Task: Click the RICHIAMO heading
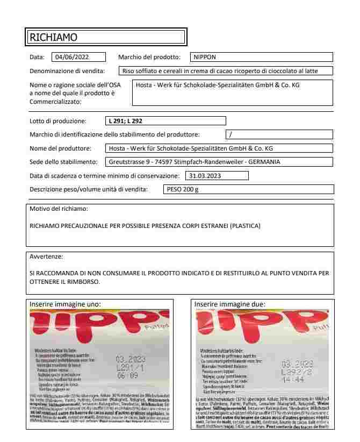tap(53, 37)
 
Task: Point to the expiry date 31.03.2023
tap(205, 175)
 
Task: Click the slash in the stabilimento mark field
tap(231, 134)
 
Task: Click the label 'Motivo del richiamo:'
tap(59, 209)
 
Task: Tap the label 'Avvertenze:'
tap(46, 256)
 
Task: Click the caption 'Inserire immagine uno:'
tap(64, 304)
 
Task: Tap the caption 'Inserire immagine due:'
tap(229, 304)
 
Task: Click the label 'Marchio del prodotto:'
tap(151, 57)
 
